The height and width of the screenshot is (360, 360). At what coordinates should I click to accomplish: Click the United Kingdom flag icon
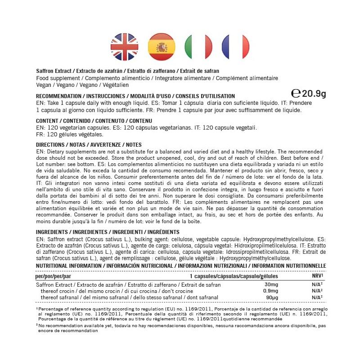coord(124,46)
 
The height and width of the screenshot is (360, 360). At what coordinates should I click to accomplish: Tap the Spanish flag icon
coord(162,46)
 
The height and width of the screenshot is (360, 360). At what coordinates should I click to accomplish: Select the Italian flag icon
coord(198,46)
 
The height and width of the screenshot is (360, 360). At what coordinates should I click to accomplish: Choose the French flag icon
coord(235,46)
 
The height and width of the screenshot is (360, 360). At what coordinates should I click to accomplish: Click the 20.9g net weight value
coord(314,94)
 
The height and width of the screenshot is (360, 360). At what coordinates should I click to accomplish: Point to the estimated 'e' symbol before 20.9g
coord(296,94)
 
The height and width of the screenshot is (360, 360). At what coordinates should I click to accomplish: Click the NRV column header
coord(318,275)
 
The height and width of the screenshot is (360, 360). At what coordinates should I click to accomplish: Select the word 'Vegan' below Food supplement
coord(43,85)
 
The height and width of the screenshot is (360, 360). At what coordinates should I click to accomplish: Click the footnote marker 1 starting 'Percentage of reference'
coord(37,308)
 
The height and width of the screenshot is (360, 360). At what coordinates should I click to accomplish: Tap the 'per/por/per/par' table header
coord(53,275)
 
